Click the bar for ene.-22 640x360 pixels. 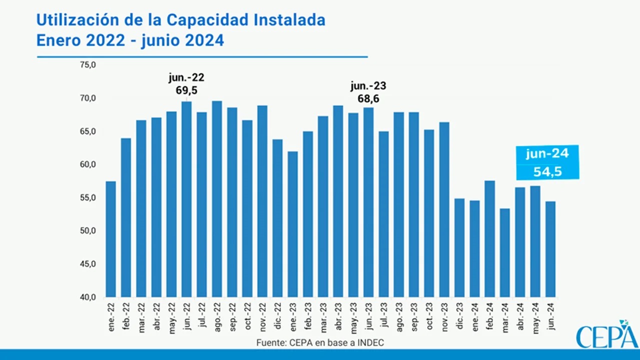pyautogui.click(x=111, y=239)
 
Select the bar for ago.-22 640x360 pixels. pyautogui.click(x=217, y=199)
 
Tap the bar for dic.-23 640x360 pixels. pyautogui.click(x=459, y=247)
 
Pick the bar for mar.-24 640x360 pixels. pyautogui.click(x=505, y=252)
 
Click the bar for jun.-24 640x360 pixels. pyautogui.click(x=550, y=249)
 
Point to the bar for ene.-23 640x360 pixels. pyautogui.click(x=293, y=224)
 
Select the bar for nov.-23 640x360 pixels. pyautogui.click(x=444, y=209)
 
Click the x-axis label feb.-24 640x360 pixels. pyautogui.click(x=490, y=313)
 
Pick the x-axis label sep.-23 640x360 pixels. pyautogui.click(x=414, y=313)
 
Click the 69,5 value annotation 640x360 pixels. pyautogui.click(x=186, y=90)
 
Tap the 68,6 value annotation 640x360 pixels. pyautogui.click(x=368, y=98)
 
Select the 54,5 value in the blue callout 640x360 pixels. pyautogui.click(x=547, y=172)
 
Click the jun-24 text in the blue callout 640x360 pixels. pyautogui.click(x=547, y=154)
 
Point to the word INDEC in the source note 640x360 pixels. pyautogui.click(x=370, y=342)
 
